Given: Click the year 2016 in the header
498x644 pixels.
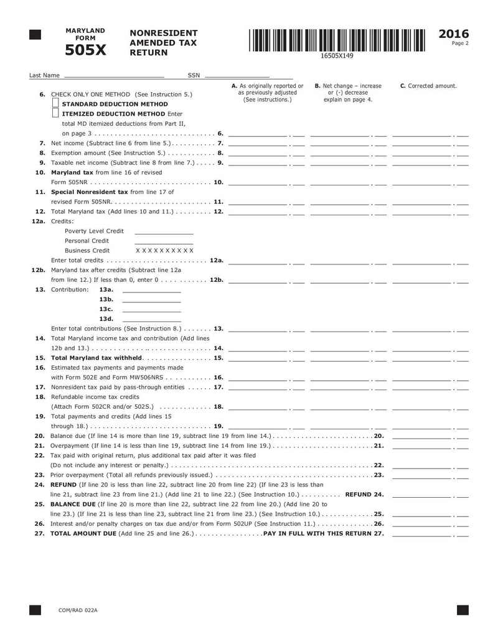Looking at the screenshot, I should click(x=454, y=34).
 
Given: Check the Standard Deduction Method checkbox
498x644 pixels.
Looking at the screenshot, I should click(x=55, y=103).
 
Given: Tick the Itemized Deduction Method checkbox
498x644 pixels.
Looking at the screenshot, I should click(x=55, y=113).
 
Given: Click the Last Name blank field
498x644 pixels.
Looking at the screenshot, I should click(x=113, y=75).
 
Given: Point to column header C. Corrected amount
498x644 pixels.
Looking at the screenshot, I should click(x=428, y=86).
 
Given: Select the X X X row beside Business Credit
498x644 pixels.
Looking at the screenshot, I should click(x=164, y=250).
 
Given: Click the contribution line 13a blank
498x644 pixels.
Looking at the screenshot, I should click(x=151, y=290).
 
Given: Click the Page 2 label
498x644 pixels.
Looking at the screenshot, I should click(x=460, y=44).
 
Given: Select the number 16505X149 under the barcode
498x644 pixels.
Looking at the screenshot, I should click(x=337, y=56).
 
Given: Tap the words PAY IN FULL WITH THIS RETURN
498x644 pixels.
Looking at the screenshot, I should click(x=318, y=533).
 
